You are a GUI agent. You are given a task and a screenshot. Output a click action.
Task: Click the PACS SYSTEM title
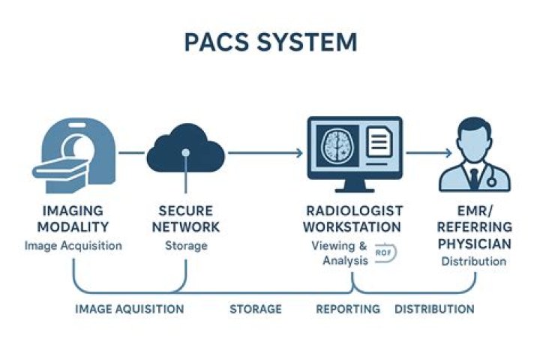(270, 42)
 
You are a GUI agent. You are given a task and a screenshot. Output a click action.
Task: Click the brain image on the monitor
(336, 145)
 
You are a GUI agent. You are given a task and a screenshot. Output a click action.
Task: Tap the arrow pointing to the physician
(429, 153)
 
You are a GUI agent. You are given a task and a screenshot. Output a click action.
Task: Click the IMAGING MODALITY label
(72, 218)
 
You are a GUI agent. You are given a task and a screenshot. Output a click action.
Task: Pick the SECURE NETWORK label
(185, 218)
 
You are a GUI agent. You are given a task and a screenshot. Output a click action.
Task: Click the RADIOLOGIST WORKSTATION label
(354, 218)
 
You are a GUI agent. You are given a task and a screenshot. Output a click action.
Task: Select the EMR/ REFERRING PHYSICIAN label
(474, 227)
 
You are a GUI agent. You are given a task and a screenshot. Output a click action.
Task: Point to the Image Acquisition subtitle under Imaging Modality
(72, 245)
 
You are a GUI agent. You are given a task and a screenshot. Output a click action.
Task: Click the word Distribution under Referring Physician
(473, 262)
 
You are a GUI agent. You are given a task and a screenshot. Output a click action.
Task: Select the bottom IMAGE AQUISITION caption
(129, 309)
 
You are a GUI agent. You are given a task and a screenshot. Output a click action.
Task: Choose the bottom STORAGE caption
(256, 309)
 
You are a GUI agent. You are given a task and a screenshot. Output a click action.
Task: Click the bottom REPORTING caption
(347, 309)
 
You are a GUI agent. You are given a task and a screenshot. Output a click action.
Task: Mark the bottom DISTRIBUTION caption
(434, 309)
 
